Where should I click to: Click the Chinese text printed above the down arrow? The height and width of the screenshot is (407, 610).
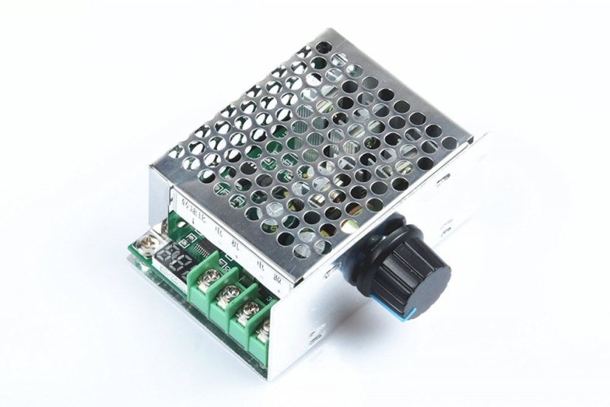coord(190,200)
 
